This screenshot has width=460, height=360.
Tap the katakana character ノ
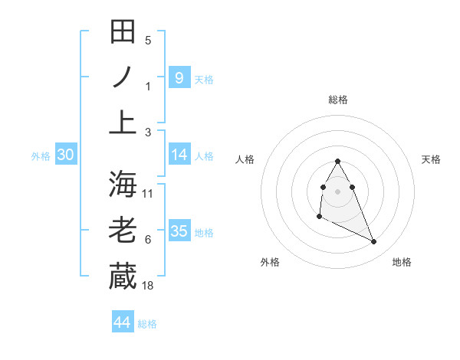click(x=123, y=77)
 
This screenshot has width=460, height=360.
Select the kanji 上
click(x=123, y=122)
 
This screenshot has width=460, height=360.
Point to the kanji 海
click(x=123, y=185)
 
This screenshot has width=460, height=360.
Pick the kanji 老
click(x=123, y=230)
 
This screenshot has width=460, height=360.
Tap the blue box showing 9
click(x=179, y=77)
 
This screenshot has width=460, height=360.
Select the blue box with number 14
click(x=179, y=155)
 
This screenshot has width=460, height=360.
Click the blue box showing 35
click(x=179, y=231)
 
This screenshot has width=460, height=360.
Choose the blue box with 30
click(x=66, y=155)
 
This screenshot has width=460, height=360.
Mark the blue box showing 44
click(x=123, y=322)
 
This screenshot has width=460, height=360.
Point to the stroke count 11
click(x=148, y=194)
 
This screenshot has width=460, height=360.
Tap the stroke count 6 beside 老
click(x=148, y=240)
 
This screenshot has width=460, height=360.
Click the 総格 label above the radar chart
click(x=338, y=100)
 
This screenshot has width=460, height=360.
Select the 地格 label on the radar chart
click(x=402, y=262)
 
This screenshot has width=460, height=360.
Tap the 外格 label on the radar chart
click(x=270, y=262)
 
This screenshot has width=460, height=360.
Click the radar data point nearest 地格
click(x=374, y=242)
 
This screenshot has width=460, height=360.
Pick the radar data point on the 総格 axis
click(x=338, y=162)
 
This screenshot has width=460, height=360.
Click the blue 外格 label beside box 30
click(x=41, y=155)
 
